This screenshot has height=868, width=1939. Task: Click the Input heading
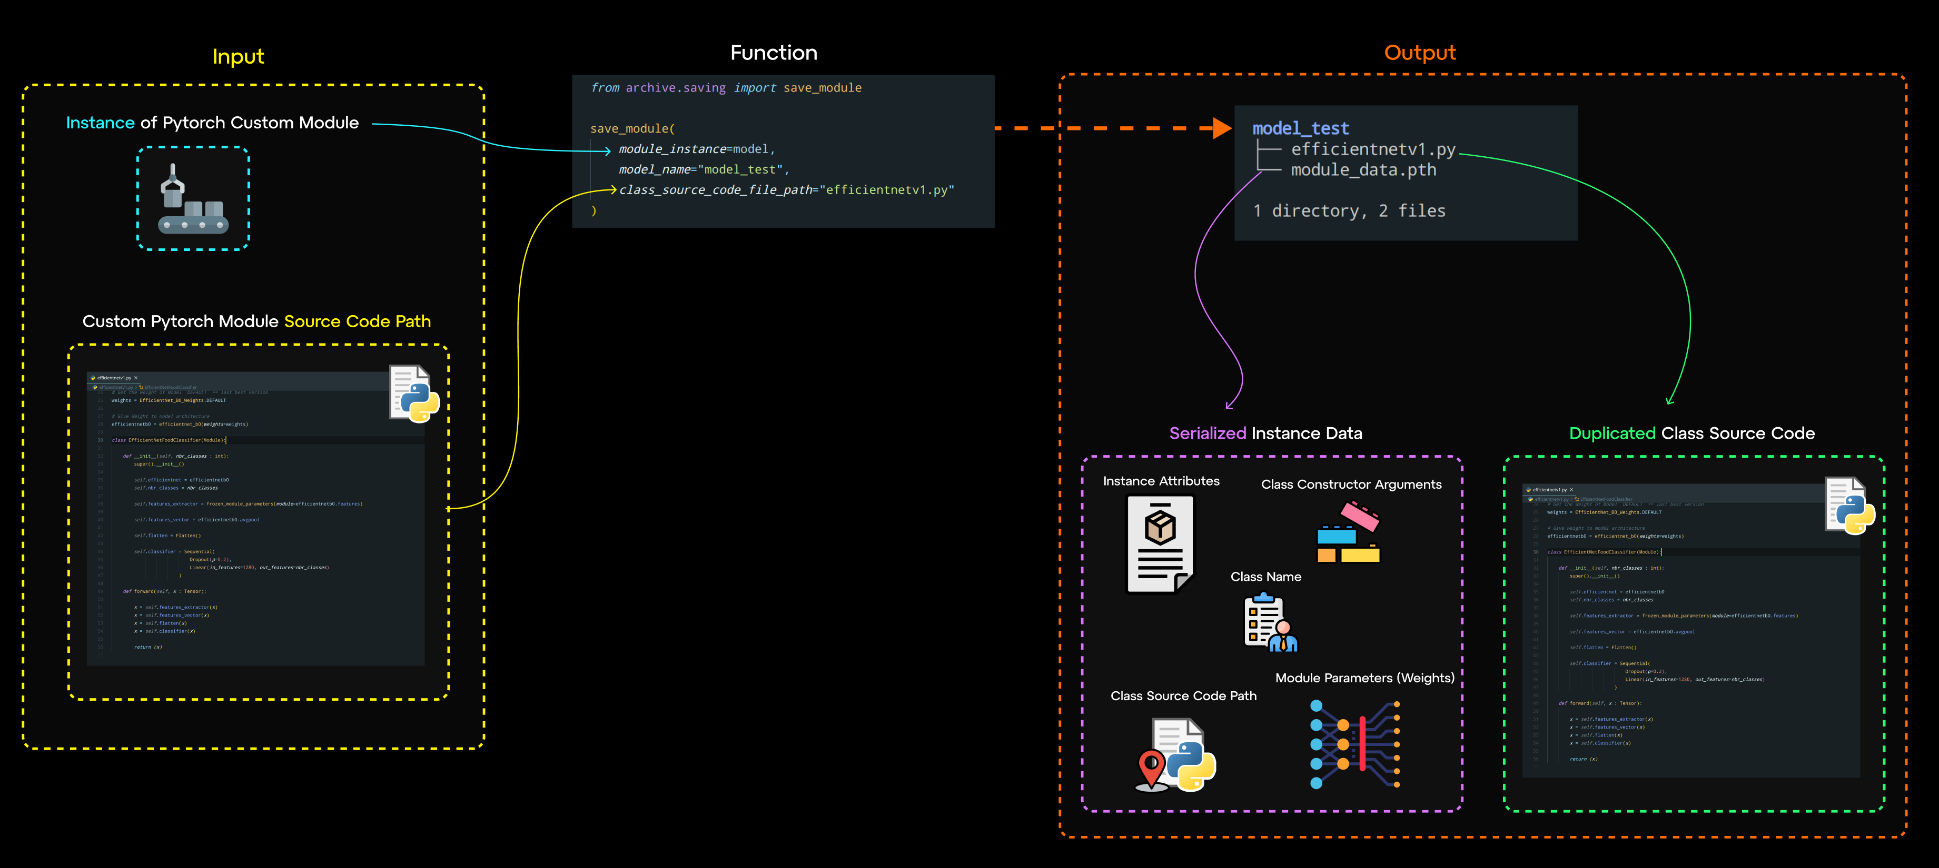click(x=238, y=56)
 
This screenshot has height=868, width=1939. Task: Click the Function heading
click(x=773, y=53)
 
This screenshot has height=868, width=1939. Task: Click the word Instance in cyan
click(x=100, y=123)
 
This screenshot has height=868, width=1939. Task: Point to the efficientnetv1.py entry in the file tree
click(x=1372, y=149)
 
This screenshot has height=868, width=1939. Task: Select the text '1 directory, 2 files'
click(x=1348, y=210)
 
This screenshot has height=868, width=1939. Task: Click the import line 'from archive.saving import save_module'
click(x=726, y=88)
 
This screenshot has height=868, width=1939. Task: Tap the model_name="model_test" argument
click(x=703, y=170)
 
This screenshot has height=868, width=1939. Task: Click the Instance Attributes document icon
click(x=1159, y=544)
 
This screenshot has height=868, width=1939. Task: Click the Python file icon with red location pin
click(x=1175, y=754)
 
